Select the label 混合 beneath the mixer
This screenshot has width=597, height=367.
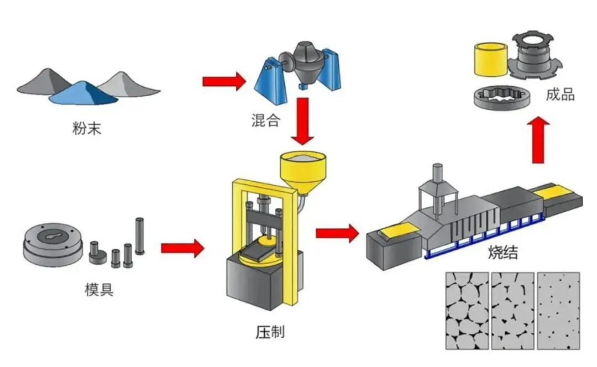265,120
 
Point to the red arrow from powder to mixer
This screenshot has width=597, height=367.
223,81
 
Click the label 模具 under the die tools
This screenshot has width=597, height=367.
99,290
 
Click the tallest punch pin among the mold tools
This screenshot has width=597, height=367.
140,235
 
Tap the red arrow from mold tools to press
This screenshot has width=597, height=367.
182,248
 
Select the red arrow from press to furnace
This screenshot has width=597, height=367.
337,233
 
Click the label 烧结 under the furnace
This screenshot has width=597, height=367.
503,253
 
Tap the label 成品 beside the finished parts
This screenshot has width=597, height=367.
560,95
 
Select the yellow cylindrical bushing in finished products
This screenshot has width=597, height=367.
490,58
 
